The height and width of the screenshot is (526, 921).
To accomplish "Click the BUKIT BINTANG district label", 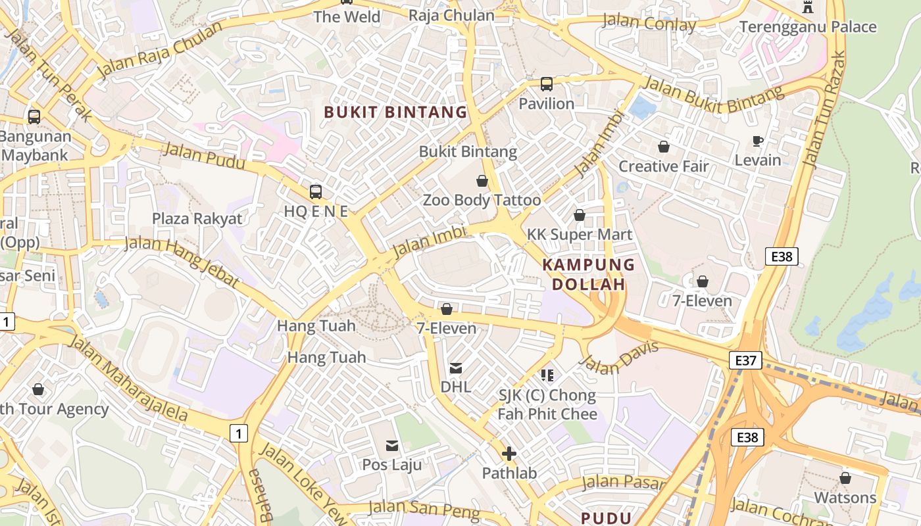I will (395, 112).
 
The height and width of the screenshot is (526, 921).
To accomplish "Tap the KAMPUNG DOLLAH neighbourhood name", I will (588, 275).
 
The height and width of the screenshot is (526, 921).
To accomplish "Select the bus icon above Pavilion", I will (547, 84).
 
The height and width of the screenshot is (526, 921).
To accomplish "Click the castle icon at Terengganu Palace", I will (808, 7).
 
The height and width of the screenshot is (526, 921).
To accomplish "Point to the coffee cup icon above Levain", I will (758, 141).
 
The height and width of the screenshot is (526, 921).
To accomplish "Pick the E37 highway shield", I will (745, 360).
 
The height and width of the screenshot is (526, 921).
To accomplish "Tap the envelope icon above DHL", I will (456, 368).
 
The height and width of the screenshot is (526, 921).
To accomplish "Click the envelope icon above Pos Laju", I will (392, 446).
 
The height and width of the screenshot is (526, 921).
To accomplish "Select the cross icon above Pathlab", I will (509, 454).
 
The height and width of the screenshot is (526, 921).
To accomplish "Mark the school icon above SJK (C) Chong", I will (547, 375).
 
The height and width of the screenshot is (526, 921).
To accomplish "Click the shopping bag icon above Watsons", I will (845, 478).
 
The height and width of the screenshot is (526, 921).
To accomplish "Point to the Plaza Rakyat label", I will (197, 218).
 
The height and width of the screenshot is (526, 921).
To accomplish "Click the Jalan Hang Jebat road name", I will (182, 261).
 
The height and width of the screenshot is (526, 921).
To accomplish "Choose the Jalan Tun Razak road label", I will (823, 108).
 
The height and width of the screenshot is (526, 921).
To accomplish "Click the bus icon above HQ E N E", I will (316, 192).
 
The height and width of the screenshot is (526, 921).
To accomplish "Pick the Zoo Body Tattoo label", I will (482, 200).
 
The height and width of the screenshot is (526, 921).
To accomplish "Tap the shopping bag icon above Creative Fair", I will (664, 147).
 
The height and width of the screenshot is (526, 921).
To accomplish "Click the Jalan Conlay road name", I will (649, 24).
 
